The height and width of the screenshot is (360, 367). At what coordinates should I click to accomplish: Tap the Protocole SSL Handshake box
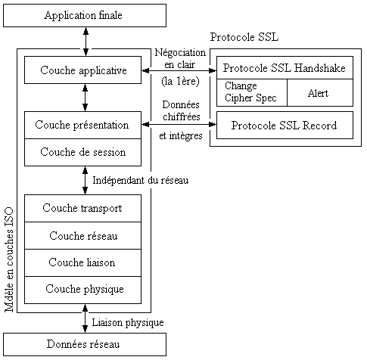coord(285,67)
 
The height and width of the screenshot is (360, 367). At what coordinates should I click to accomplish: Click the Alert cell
coord(319,92)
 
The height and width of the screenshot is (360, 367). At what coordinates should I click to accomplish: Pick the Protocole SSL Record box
coord(285,125)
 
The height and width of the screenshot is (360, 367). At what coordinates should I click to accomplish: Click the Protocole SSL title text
coord(244,37)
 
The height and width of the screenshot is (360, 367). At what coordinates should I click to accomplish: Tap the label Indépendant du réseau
coord(139,181)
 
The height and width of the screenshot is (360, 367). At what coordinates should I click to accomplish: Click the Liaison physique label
coord(127,323)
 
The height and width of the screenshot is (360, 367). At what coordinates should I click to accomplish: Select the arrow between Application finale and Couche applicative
coord(86,42)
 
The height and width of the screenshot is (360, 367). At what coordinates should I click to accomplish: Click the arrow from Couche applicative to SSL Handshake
coord(180,70)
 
